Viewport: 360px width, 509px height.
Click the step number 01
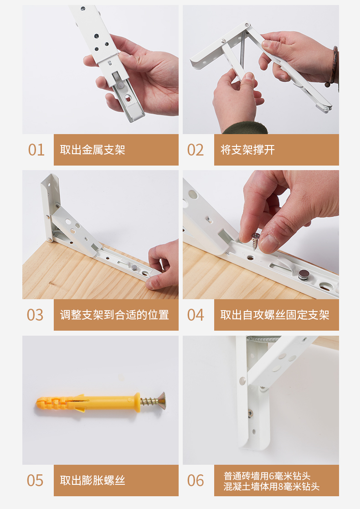click(36, 150)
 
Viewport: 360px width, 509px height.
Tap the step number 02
click(195, 150)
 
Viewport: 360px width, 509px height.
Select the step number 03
click(35, 315)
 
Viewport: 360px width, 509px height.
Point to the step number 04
click(195, 315)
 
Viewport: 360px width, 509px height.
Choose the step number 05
click(35, 480)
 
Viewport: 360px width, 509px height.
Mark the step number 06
click(195, 480)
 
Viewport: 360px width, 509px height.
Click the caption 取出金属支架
click(93, 150)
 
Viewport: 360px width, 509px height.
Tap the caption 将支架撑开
click(247, 150)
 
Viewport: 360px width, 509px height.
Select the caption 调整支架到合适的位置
click(114, 315)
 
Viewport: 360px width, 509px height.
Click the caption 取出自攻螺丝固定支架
click(275, 315)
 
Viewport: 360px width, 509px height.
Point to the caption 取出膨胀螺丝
click(93, 480)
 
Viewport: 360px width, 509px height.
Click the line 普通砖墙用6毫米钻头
click(267, 476)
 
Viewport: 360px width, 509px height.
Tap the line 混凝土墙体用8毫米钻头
click(272, 487)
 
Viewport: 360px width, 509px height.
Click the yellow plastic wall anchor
click(87, 403)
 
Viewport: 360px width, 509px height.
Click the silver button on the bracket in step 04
click(304, 275)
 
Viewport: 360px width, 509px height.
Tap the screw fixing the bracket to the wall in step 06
click(250, 413)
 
